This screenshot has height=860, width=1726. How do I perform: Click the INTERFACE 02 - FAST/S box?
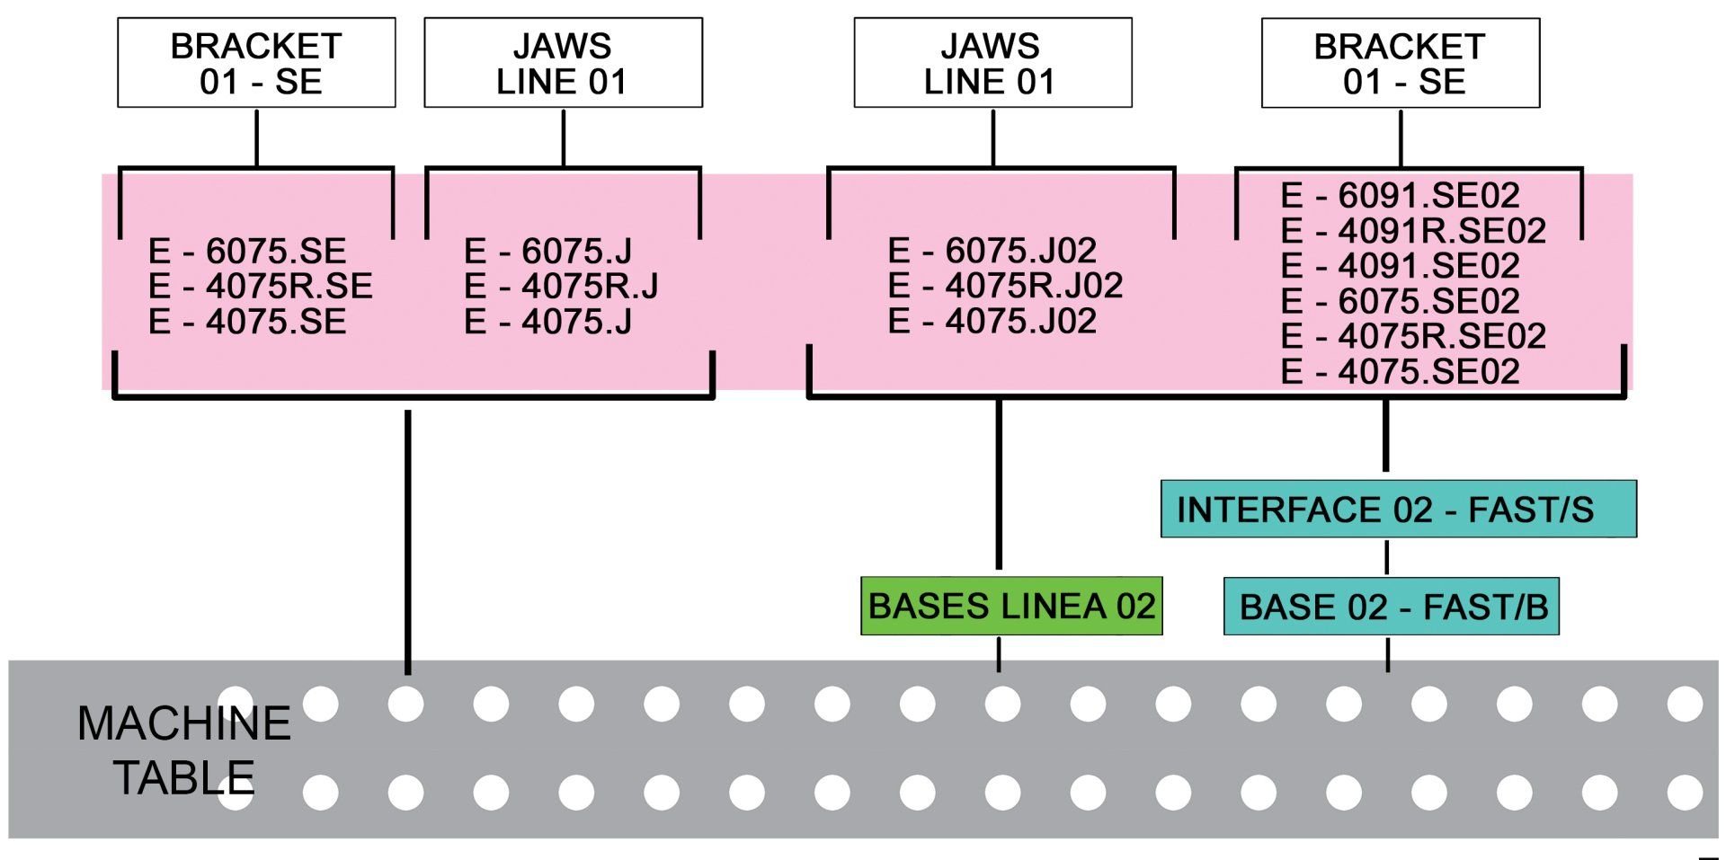[x=1398, y=509]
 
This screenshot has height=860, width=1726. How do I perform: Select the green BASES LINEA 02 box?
[x=1011, y=606]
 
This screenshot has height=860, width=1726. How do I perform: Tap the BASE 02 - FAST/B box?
[x=1391, y=607]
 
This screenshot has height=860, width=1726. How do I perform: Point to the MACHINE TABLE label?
[x=184, y=749]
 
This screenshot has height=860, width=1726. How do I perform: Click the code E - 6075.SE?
[x=247, y=251]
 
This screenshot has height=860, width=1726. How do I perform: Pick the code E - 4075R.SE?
[x=261, y=286]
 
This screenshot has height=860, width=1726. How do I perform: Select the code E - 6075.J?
[x=548, y=251]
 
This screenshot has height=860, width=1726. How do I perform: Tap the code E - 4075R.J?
[x=561, y=286]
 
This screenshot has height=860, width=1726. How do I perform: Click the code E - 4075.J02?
[x=992, y=321]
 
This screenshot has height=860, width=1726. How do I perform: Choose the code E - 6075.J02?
[x=992, y=250]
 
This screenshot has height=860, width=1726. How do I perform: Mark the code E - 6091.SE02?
[x=1400, y=195]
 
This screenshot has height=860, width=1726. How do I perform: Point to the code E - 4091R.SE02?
[x=1413, y=231]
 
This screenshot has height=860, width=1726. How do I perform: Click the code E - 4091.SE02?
[x=1400, y=266]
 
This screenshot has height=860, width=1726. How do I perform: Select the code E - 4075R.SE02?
[x=1413, y=336]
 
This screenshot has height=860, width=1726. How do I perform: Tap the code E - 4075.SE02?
[x=1400, y=371]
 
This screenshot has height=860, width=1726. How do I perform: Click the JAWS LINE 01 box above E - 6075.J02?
[x=992, y=63]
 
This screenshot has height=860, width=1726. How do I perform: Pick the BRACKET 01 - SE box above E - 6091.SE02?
[x=1401, y=63]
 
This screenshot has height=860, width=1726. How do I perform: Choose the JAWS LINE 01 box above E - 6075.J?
[x=563, y=63]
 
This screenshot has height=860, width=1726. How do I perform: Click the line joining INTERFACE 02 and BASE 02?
[x=1387, y=557]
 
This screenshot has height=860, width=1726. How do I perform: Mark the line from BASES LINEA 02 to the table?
[x=999, y=653]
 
